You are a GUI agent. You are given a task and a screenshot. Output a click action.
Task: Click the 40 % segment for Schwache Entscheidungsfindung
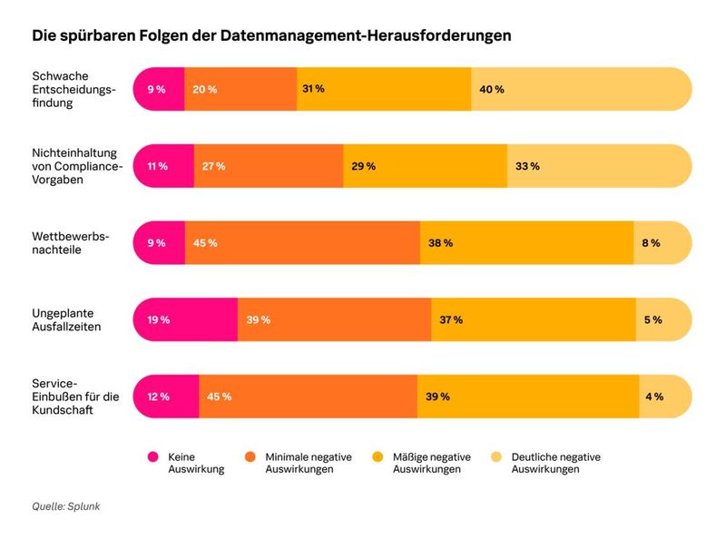pos(581,89)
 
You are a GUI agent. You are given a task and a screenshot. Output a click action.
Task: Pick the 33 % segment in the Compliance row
pos(599,166)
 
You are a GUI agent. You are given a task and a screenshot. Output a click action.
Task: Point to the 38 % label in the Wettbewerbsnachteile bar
pos(441,243)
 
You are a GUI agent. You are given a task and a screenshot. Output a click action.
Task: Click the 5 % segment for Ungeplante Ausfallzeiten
pos(663,319)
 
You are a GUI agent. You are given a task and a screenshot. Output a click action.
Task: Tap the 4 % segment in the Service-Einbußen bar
pos(665,397)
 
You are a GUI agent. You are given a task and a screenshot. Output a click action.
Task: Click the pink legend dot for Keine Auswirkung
pos(152,457)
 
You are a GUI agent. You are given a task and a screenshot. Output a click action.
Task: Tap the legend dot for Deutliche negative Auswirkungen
pos(496,457)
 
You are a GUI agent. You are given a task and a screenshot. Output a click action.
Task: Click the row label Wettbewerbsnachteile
pos(70,243)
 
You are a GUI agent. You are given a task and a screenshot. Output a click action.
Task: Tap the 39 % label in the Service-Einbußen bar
pos(438,397)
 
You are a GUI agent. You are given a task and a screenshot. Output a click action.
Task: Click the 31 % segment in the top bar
pos(384,89)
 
